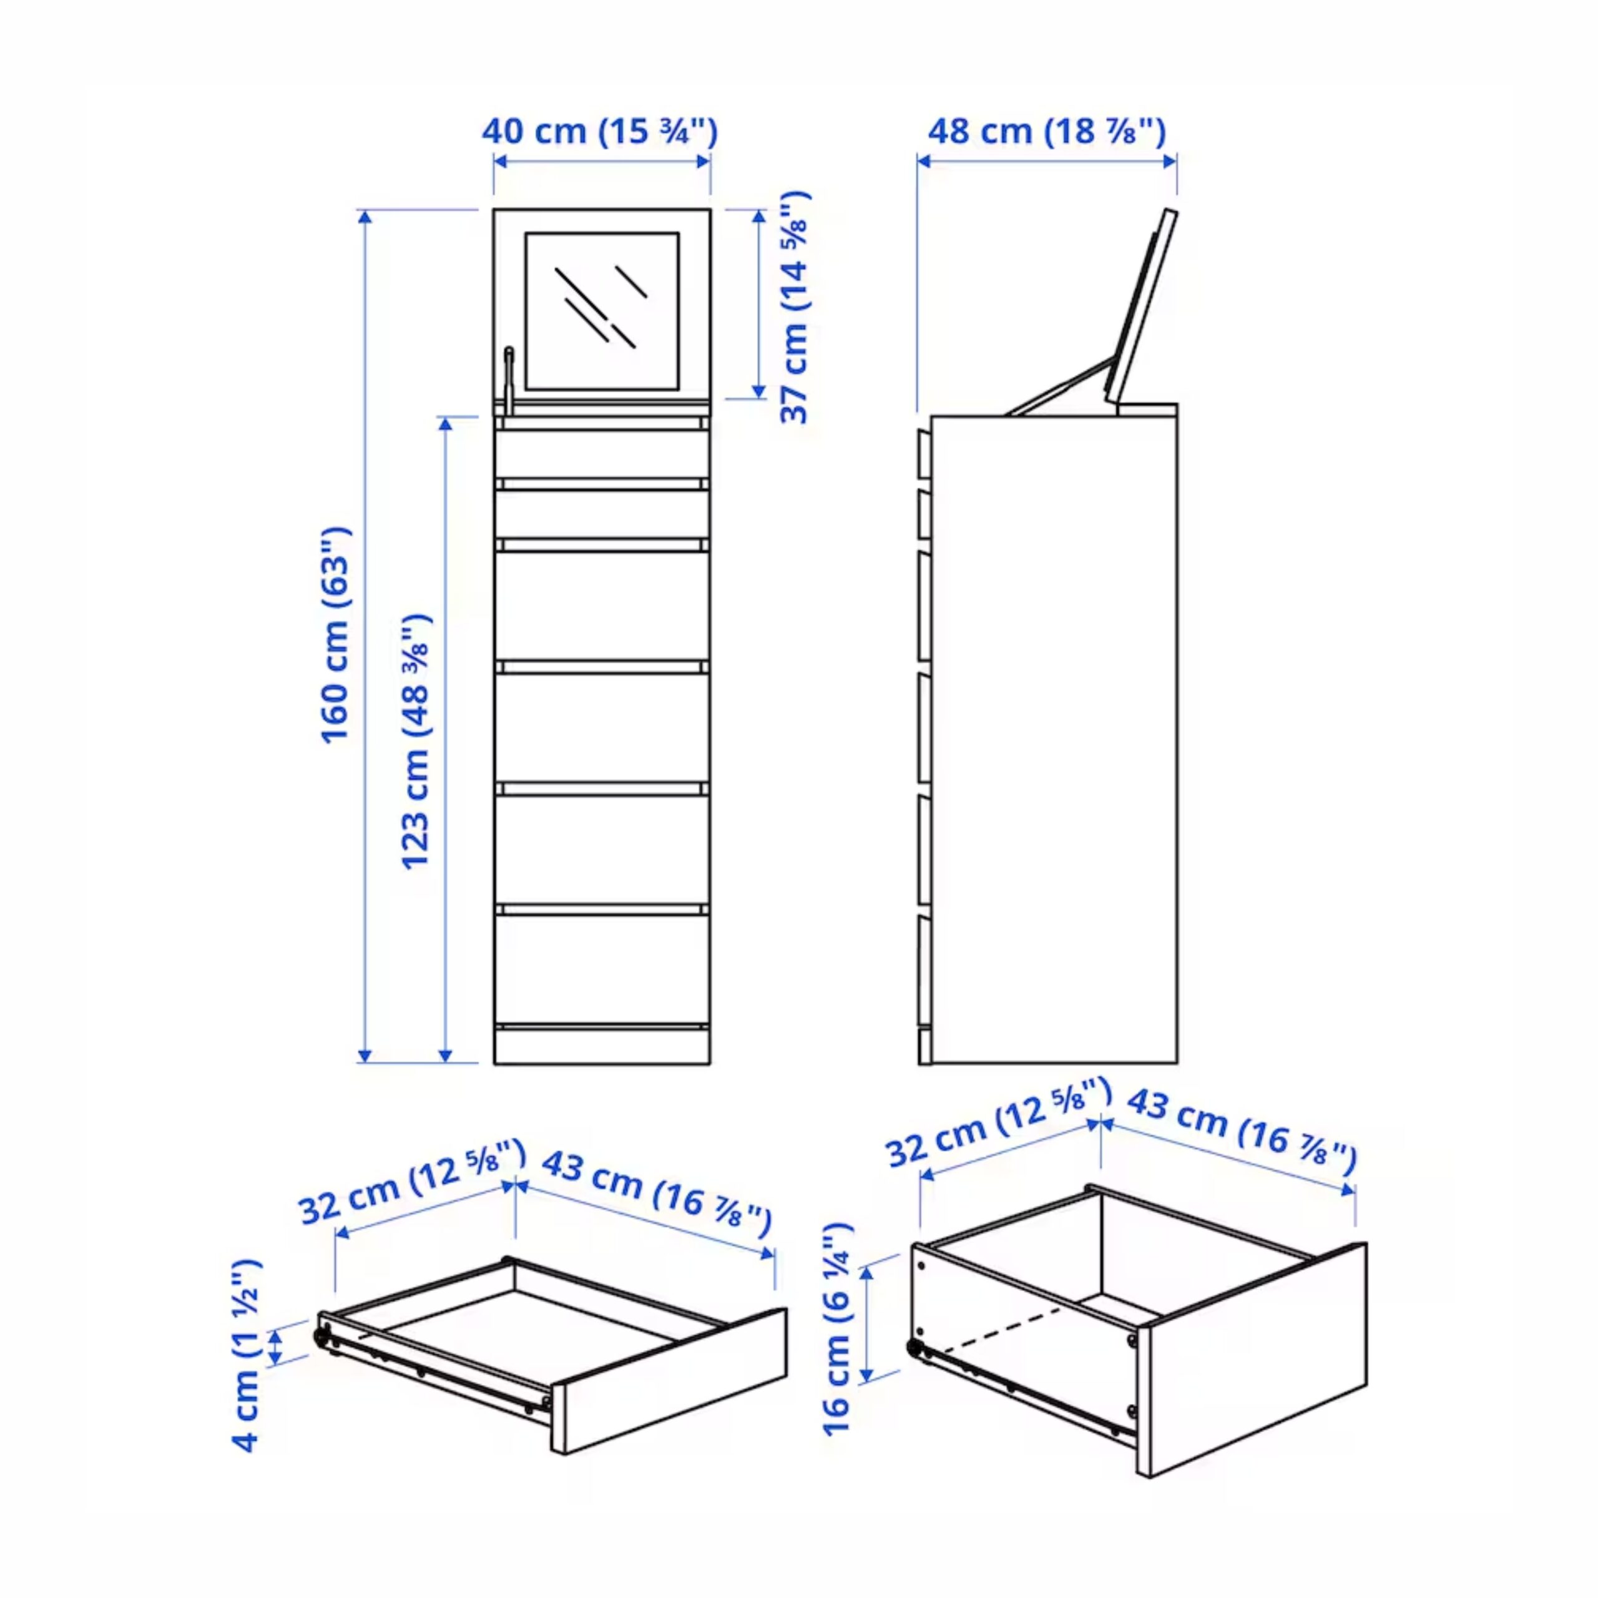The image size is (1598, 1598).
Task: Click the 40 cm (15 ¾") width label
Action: point(600,132)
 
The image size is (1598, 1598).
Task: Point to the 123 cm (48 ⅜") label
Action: point(416,741)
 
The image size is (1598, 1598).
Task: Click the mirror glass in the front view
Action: point(602,311)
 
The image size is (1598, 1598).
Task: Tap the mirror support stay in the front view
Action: point(509,379)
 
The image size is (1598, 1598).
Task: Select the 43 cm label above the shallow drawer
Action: point(657,1196)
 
